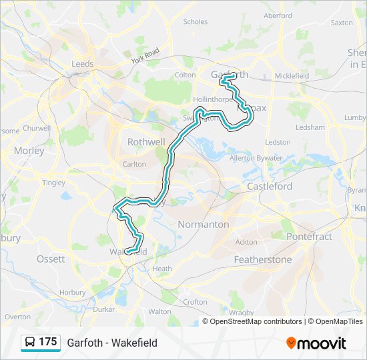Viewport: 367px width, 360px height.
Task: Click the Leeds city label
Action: [83, 64]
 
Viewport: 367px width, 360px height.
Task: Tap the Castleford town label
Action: [270, 187]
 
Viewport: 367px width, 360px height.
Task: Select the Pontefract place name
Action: [309, 237]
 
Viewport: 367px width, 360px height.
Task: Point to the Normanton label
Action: [204, 225]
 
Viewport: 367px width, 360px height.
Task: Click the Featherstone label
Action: [262, 259]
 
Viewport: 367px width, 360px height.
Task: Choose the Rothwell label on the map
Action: [146, 142]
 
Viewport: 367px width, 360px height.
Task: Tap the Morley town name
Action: [29, 151]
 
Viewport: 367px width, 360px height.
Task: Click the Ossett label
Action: [51, 259]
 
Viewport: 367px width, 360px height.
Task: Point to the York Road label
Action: [145, 55]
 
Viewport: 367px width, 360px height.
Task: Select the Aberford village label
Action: [278, 15]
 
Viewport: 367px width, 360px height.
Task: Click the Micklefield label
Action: [291, 76]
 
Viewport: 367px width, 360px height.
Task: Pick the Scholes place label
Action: [196, 22]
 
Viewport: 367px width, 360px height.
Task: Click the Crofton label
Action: [195, 302]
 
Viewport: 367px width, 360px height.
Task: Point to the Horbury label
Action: [72, 292]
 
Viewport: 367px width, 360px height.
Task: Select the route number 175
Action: [48, 342]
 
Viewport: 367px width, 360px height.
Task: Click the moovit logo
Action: [316, 343]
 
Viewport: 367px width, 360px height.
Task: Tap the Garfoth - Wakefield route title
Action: [112, 343]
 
